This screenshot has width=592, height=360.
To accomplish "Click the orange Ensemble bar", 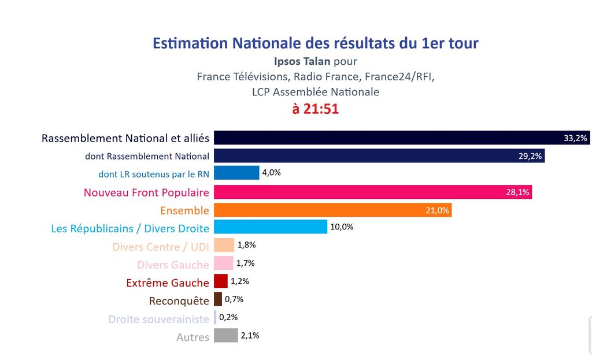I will (332, 210).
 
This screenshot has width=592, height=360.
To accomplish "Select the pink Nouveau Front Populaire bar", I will (373, 192).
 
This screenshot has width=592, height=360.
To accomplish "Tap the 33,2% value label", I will (575, 138).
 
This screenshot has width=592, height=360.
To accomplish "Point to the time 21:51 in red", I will (315, 109).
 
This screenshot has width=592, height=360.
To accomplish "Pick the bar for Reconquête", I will (218, 299).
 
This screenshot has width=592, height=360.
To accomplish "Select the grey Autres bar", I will (225, 335).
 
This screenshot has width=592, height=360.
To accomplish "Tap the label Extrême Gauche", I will (168, 283).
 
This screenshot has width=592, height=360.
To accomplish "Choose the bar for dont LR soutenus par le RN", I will (236, 173).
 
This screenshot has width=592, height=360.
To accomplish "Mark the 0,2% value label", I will (228, 317).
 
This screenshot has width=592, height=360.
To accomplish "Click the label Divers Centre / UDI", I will (161, 247).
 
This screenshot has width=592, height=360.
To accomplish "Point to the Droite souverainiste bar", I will (215, 317).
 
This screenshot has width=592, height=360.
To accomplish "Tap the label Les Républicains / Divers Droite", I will (130, 228).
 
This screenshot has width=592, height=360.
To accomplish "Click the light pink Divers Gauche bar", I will (224, 263).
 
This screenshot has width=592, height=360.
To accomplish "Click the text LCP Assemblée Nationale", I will (316, 92).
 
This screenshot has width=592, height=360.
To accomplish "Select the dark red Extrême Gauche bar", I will (220, 281).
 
